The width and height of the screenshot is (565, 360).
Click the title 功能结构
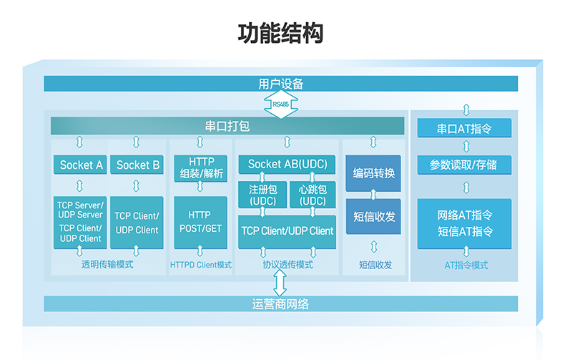[x=280, y=34]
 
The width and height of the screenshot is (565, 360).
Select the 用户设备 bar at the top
[x=280, y=84]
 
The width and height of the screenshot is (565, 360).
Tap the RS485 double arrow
[x=280, y=104]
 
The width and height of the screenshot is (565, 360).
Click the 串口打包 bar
[x=227, y=126]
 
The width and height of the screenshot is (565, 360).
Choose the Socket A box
[x=80, y=165]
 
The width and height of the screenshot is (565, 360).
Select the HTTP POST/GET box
[x=200, y=221]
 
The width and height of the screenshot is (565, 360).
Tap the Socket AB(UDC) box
[x=288, y=165]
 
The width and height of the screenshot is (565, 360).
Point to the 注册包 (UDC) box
[x=262, y=195]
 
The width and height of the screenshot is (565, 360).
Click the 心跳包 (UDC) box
[x=313, y=195]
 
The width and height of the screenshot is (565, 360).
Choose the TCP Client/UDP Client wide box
[x=288, y=231]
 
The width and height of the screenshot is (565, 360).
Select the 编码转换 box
[x=374, y=173]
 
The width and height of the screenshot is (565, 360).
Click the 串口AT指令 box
[x=465, y=130]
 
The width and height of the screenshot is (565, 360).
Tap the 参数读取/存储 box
[x=465, y=165]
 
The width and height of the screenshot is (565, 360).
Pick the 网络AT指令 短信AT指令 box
[x=465, y=223]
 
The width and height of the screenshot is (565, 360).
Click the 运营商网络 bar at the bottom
[x=280, y=303]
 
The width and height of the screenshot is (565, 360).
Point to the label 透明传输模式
[x=108, y=265]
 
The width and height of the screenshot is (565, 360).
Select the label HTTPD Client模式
[x=201, y=265]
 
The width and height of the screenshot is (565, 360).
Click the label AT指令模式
[x=466, y=265]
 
